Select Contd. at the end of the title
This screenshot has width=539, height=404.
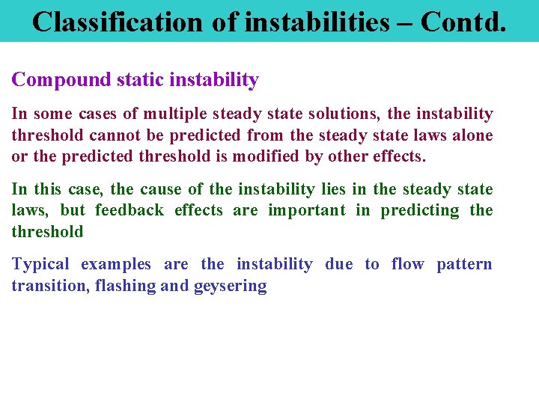pos(463,21)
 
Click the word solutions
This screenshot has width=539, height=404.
pos(340,114)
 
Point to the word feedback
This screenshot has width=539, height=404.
pos(129,210)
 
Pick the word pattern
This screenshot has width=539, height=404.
pos(464,264)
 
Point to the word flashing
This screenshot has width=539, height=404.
pos(125,286)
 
